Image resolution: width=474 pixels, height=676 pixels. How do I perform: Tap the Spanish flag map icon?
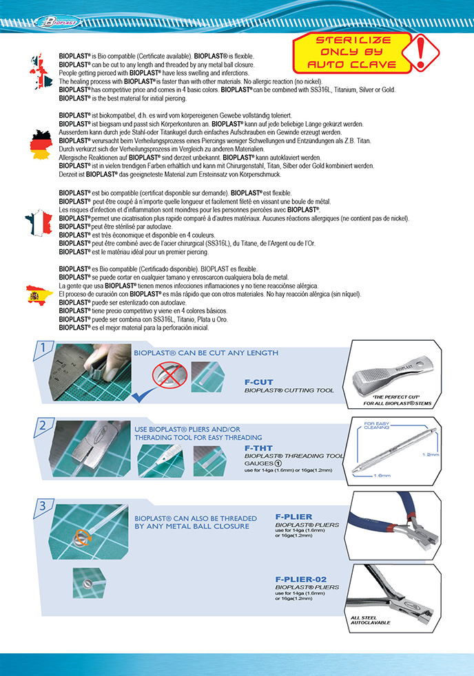pyautogui.click(x=37, y=296)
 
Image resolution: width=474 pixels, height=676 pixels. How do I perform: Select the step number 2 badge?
pyautogui.click(x=43, y=425)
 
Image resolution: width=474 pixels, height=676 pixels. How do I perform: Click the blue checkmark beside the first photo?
pyautogui.click(x=141, y=394)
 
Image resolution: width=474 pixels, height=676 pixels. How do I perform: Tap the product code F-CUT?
pyautogui.click(x=258, y=380)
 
